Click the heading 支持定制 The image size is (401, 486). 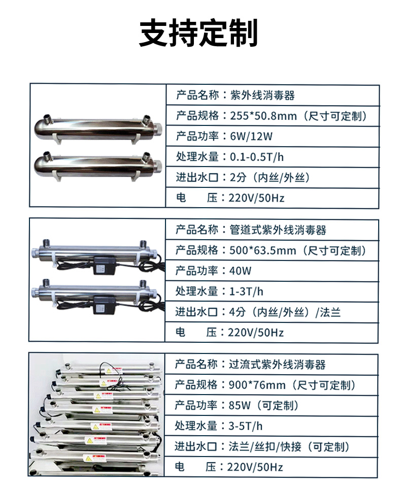click(x=198, y=33)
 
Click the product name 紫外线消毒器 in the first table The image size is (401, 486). click(x=262, y=95)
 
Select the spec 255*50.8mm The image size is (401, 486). click(x=263, y=116)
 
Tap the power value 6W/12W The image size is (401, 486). click(x=251, y=137)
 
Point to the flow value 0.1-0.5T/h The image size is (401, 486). click(x=257, y=157)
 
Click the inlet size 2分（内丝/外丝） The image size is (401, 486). click(x=270, y=178)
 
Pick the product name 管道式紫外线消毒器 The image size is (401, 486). click(x=278, y=230)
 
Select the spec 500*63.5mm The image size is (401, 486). click(x=262, y=250)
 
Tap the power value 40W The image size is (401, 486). click(x=240, y=271)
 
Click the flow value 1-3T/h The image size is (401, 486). click(x=246, y=291)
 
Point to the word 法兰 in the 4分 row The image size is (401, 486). click(x=330, y=312)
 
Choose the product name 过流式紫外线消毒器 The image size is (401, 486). click(x=277, y=365)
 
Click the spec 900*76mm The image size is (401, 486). click(x=257, y=385)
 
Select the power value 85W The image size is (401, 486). click(x=240, y=405)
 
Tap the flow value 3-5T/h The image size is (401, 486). click(x=246, y=426)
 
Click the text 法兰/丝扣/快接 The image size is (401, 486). click(x=265, y=446)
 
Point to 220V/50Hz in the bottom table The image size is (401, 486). click(x=255, y=467)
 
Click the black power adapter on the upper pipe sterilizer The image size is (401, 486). click(x=104, y=265)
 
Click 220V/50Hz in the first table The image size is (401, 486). click(x=257, y=198)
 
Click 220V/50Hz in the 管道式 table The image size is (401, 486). click(x=256, y=333)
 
